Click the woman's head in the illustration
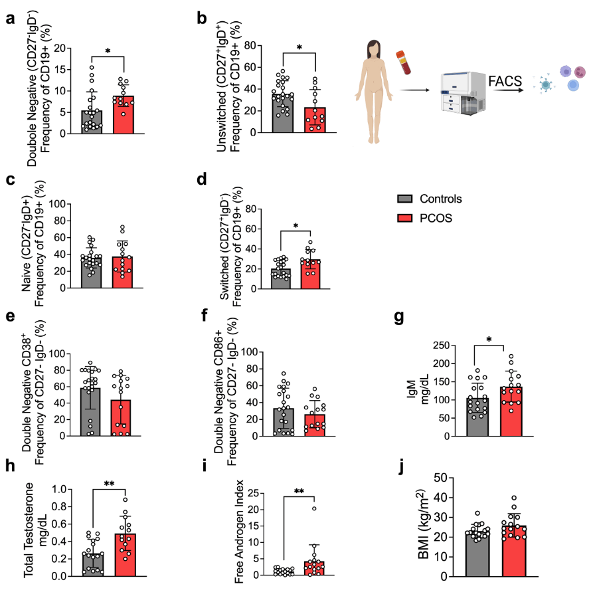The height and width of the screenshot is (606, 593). click(x=374, y=48)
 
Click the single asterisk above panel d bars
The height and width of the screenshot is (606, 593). click(x=295, y=225)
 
